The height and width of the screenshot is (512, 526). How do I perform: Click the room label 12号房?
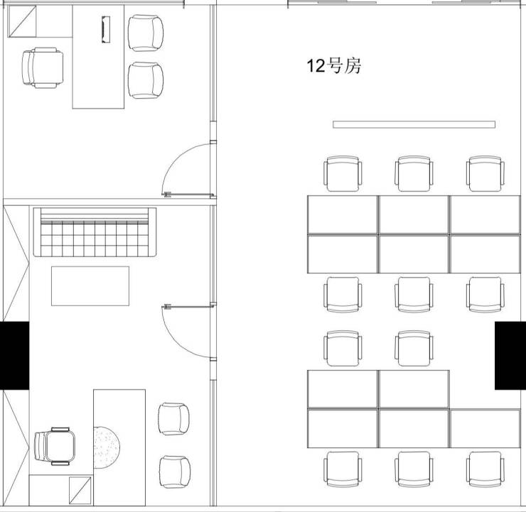tap(334, 65)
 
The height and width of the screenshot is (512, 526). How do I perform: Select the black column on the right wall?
tap(510, 356)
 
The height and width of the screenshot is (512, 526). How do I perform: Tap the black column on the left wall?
tap(14, 356)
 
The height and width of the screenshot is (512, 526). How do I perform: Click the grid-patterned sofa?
tap(95, 232)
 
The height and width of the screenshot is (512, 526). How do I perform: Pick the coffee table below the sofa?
tap(90, 285)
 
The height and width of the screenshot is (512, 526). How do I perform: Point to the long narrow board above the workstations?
tap(414, 124)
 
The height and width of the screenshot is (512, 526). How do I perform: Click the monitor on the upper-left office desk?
tap(106, 30)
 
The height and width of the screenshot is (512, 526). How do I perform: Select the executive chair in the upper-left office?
tap(43, 67)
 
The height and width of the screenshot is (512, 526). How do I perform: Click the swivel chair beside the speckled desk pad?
tap(55, 447)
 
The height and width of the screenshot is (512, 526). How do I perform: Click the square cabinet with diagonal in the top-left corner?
tap(22, 21)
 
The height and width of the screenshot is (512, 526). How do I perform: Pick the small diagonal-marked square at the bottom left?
tap(80, 491)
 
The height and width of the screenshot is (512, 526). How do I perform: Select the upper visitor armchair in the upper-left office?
tap(146, 33)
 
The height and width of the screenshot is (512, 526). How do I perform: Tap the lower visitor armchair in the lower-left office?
tap(175, 472)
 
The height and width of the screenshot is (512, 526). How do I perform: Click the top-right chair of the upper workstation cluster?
tap(485, 173)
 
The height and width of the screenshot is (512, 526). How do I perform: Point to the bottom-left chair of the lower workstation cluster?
tap(343, 469)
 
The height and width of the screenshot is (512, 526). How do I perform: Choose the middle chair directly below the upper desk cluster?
tap(414, 295)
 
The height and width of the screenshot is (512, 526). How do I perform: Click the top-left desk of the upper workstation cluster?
tap(343, 214)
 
